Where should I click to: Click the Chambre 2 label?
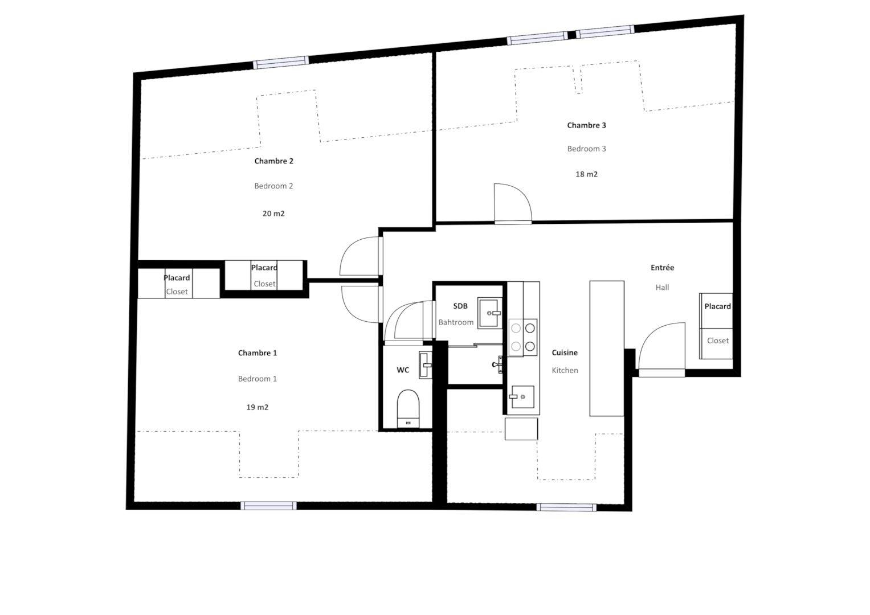[x=274, y=161]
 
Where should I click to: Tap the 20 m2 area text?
[x=273, y=214]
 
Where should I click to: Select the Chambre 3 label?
[x=586, y=125]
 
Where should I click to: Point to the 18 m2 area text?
[x=586, y=174]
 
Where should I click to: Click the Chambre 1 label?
[x=258, y=353]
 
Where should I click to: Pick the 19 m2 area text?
[x=258, y=407]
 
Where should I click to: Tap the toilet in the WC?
[x=408, y=408]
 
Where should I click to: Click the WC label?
[x=403, y=370]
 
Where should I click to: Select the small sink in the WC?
[x=425, y=365]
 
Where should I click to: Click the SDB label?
[x=460, y=306]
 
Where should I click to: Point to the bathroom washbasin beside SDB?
[x=490, y=313]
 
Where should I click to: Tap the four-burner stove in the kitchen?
[x=523, y=337]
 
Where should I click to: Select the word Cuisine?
[x=565, y=353]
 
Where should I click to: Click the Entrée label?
[x=662, y=268]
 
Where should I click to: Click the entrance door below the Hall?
[x=662, y=350]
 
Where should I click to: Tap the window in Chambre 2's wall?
[x=281, y=63]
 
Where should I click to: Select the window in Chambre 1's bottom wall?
[x=268, y=506]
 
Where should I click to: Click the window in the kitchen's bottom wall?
[x=566, y=507]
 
